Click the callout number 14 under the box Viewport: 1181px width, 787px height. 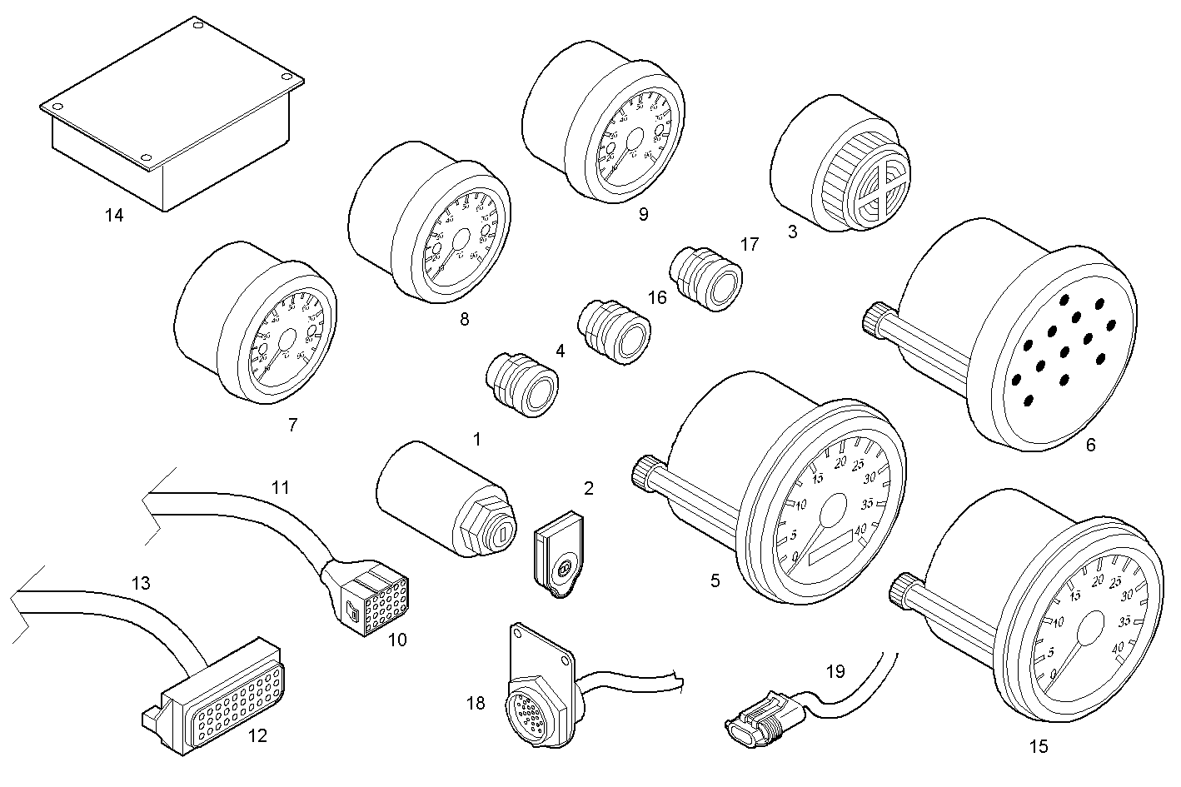click(114, 216)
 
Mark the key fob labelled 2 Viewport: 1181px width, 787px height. click(559, 554)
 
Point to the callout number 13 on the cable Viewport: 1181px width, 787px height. click(142, 583)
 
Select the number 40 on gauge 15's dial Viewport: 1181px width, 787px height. click(1119, 645)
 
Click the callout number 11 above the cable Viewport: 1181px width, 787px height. click(281, 487)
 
